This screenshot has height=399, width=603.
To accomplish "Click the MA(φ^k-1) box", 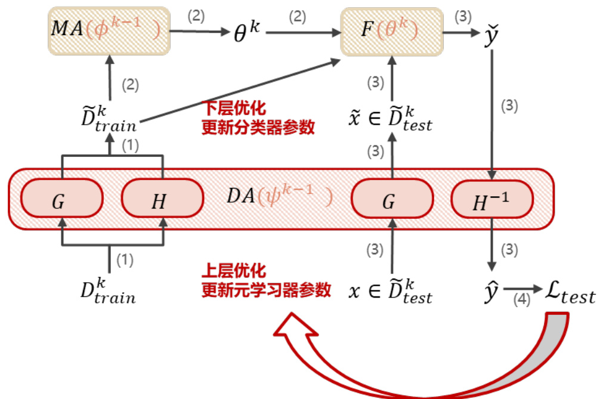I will point(109,30).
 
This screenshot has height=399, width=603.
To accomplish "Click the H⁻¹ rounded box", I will point(491,202).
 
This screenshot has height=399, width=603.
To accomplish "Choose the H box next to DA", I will point(159,202).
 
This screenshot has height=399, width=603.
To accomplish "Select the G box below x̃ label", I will point(391,202).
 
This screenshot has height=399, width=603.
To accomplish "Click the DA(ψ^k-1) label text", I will point(280,197).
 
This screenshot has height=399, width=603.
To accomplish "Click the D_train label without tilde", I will point(108,290).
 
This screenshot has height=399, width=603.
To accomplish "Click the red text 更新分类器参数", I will point(258,128).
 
